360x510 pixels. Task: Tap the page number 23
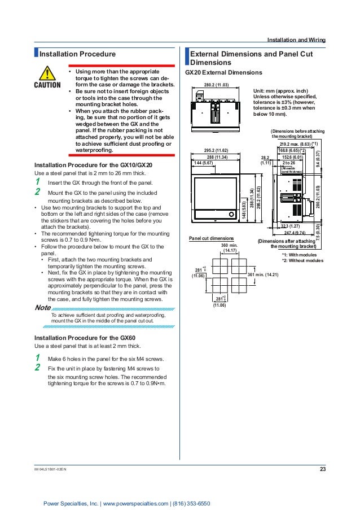[x=323, y=469]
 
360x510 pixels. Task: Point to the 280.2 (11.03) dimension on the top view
[x=216, y=85]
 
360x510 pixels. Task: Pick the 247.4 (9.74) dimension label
[x=295, y=232]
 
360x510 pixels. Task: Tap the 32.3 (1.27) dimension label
[x=290, y=226]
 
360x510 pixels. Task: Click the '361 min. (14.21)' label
[x=267, y=274]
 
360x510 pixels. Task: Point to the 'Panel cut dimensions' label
[x=209, y=239]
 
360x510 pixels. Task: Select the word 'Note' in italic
[x=42, y=308]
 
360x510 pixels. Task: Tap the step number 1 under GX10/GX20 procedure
[x=37, y=182]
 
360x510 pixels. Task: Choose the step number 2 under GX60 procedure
[x=37, y=368]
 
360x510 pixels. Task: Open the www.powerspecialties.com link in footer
[x=137, y=503]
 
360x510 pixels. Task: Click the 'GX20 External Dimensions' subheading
[x=223, y=73]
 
